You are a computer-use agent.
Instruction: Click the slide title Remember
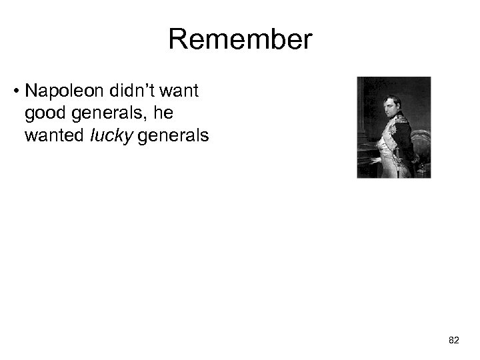click(x=239, y=40)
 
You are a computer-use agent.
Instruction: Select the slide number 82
click(x=454, y=340)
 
